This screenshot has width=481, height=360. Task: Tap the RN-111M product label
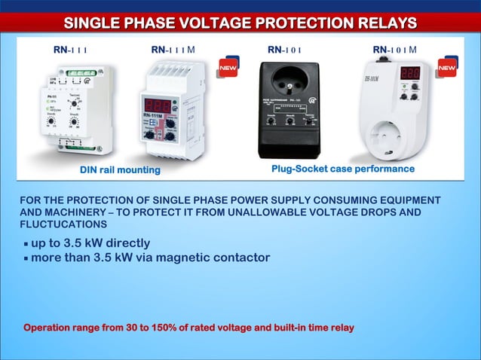[173, 50]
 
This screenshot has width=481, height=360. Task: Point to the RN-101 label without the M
[285, 50]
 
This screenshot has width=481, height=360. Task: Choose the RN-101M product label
[394, 50]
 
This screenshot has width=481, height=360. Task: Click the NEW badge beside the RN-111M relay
[228, 69]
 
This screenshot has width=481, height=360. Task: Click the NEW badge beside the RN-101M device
[446, 68]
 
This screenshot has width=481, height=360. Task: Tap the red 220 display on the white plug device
[410, 75]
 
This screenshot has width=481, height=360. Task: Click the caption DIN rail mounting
[121, 170]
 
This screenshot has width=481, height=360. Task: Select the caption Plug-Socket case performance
[342, 169]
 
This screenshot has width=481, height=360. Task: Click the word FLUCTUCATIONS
[63, 224]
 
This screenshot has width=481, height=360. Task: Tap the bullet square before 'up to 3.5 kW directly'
[26, 245]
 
